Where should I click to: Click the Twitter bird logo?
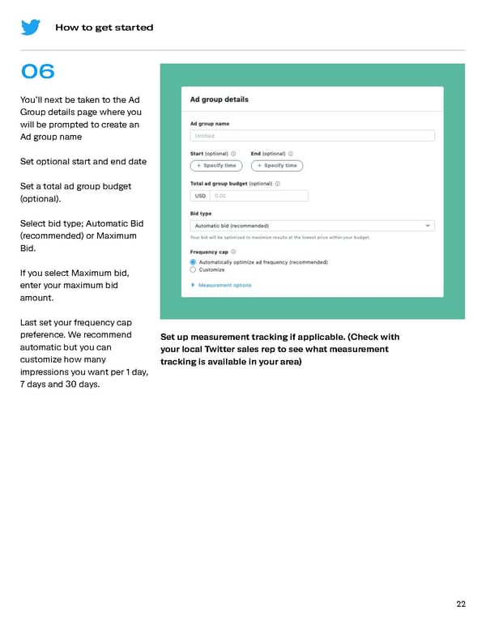point(31,27)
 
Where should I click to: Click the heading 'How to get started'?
point(104,28)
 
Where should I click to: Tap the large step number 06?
point(38,72)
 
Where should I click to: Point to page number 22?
point(461,604)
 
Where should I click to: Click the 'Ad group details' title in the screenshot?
point(219,100)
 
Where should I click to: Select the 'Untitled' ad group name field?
point(312,136)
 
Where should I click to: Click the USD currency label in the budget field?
point(200,196)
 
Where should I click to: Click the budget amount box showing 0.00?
point(258,196)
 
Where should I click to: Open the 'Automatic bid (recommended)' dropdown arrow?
point(428,226)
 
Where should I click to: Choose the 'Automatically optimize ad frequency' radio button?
point(193,262)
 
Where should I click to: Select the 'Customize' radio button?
point(193,270)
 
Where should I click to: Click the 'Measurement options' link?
point(224,286)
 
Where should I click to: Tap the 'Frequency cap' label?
point(209,252)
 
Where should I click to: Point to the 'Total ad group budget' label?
point(219,184)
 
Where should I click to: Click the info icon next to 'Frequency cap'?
point(234,252)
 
